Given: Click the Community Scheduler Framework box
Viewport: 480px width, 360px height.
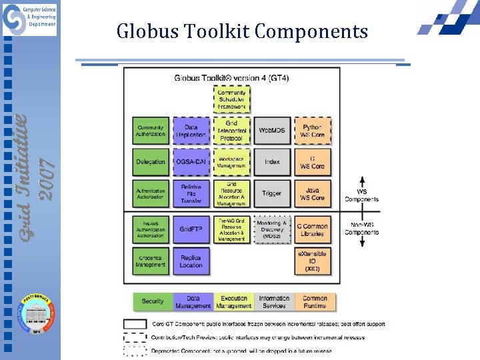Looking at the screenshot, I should (x=232, y=100).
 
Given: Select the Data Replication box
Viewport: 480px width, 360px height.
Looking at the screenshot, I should (x=191, y=131).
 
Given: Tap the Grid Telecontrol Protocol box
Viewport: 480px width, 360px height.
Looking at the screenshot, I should (x=232, y=131).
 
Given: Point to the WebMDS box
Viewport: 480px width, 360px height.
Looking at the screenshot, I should (x=272, y=131).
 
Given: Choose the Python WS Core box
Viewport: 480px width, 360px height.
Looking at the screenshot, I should (x=312, y=131).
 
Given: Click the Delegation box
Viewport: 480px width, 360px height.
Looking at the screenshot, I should (x=151, y=162).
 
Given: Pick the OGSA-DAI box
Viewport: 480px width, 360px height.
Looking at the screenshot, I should (x=191, y=162).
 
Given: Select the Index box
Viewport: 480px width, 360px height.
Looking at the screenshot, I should (x=272, y=162).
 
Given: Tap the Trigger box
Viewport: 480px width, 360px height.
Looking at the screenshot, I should (x=272, y=193).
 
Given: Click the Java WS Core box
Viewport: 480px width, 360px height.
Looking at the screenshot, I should (x=312, y=193).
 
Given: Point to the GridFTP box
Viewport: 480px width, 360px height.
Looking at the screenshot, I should (x=191, y=229).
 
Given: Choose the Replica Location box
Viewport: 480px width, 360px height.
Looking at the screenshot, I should (x=191, y=261).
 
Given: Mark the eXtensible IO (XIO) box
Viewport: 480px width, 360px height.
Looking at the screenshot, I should (x=312, y=261).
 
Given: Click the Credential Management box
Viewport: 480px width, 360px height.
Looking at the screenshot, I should (x=151, y=261).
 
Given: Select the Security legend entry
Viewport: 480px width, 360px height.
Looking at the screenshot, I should (x=153, y=301).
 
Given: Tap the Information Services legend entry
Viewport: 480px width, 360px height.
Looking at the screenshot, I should (x=274, y=302).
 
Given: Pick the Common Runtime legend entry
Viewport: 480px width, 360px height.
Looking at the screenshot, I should (x=315, y=302).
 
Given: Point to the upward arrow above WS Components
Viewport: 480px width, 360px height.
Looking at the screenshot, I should (x=362, y=183).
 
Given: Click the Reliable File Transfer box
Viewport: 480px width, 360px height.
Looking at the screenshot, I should (x=191, y=193).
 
